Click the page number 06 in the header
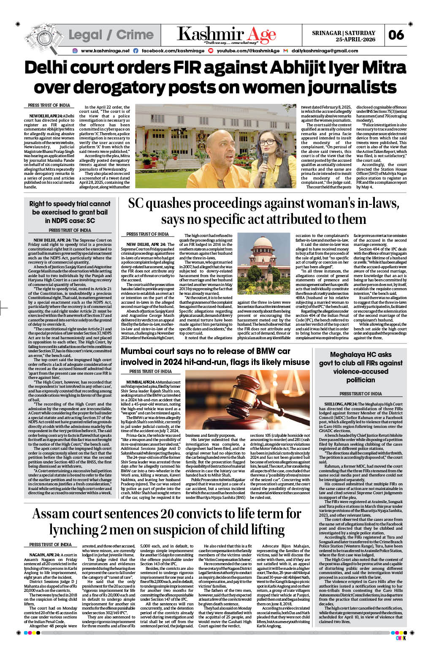point(396,35)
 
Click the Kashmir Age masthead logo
point(226,35)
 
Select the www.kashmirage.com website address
point(104,51)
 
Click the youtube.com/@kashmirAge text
point(248,51)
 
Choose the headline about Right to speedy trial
point(70,212)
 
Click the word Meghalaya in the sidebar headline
point(348,354)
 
